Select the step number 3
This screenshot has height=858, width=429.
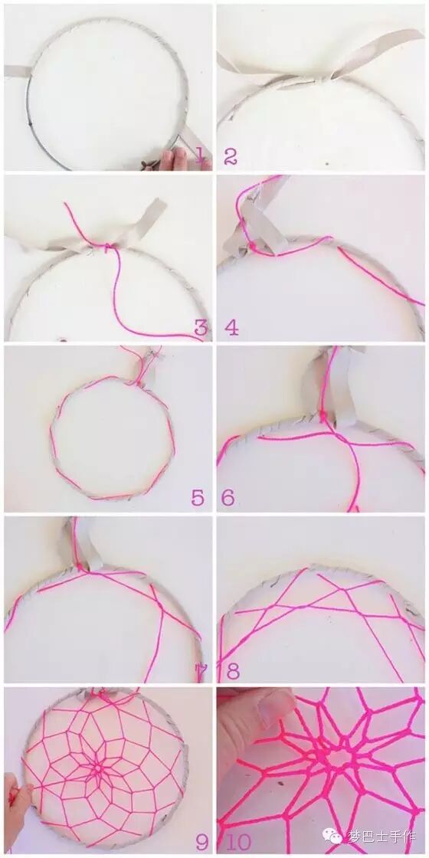pyautogui.click(x=201, y=328)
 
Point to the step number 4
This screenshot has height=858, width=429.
pyautogui.click(x=231, y=328)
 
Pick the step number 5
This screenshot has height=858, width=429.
pyautogui.click(x=198, y=498)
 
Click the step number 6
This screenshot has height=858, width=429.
pyautogui.click(x=228, y=498)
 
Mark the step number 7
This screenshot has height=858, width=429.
pyautogui.click(x=201, y=671)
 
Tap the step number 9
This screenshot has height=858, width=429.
pyautogui.click(x=202, y=843)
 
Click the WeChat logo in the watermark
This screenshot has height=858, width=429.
pyautogui.click(x=332, y=836)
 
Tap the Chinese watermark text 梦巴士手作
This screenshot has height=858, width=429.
pyautogui.click(x=382, y=837)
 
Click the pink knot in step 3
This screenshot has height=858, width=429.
pyautogui.click(x=110, y=247)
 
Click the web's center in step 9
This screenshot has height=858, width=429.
pyautogui.click(x=99, y=769)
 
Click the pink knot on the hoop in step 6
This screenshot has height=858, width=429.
pyautogui.click(x=323, y=418)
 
